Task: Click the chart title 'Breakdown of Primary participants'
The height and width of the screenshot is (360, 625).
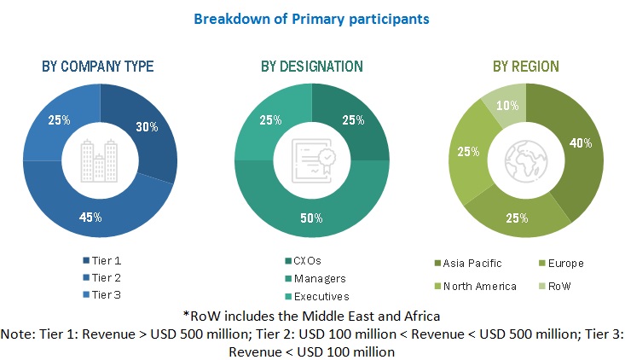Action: click(x=311, y=17)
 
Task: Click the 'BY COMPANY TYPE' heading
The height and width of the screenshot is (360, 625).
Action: click(x=99, y=67)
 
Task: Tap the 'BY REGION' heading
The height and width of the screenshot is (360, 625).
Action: click(x=527, y=67)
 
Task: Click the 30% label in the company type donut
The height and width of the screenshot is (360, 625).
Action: click(x=147, y=126)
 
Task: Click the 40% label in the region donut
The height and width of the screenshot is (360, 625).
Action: click(x=580, y=143)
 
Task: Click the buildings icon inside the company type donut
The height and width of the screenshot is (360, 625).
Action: click(x=99, y=159)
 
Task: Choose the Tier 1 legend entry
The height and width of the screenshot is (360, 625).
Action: click(x=104, y=259)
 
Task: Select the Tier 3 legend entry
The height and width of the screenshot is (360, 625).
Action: click(x=104, y=293)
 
